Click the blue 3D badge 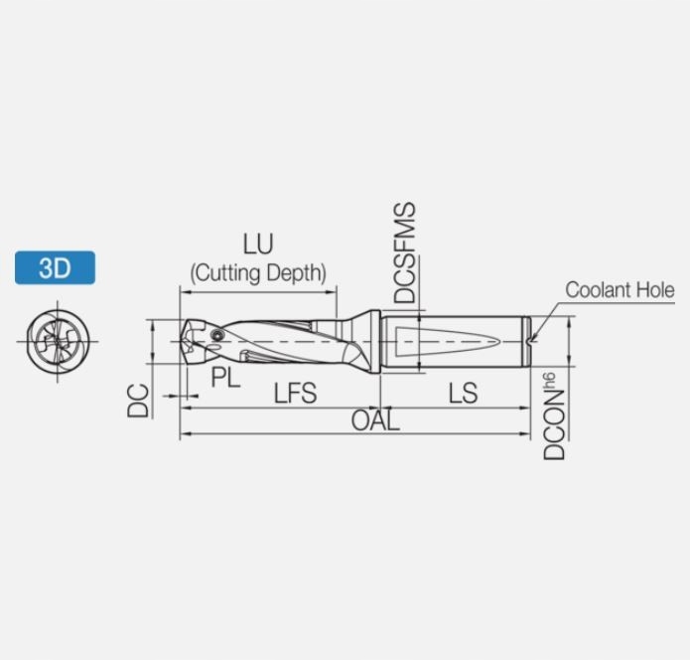pos(55,267)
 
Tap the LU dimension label pos(258,245)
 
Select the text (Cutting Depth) pos(258,273)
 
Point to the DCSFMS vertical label pos(405,252)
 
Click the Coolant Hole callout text pos(621,290)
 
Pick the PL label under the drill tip pos(225,378)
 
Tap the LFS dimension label pos(295,393)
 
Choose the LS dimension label pos(463,393)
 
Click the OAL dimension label pos(375,420)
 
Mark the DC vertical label pos(138,401)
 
